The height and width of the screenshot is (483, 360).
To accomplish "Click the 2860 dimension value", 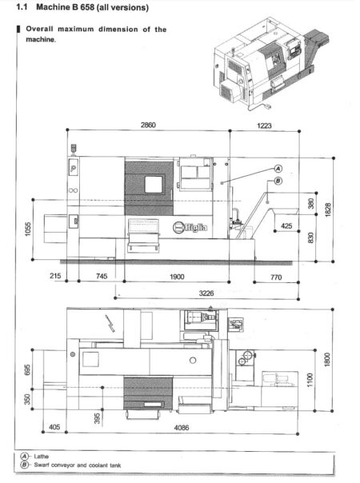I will [147, 126].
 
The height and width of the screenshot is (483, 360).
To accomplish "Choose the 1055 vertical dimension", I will [27, 231].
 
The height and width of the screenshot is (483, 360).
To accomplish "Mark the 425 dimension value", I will [286, 226].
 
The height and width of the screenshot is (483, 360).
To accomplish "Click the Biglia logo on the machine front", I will [190, 226].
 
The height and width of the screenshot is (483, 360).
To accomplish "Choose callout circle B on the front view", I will [278, 181].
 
